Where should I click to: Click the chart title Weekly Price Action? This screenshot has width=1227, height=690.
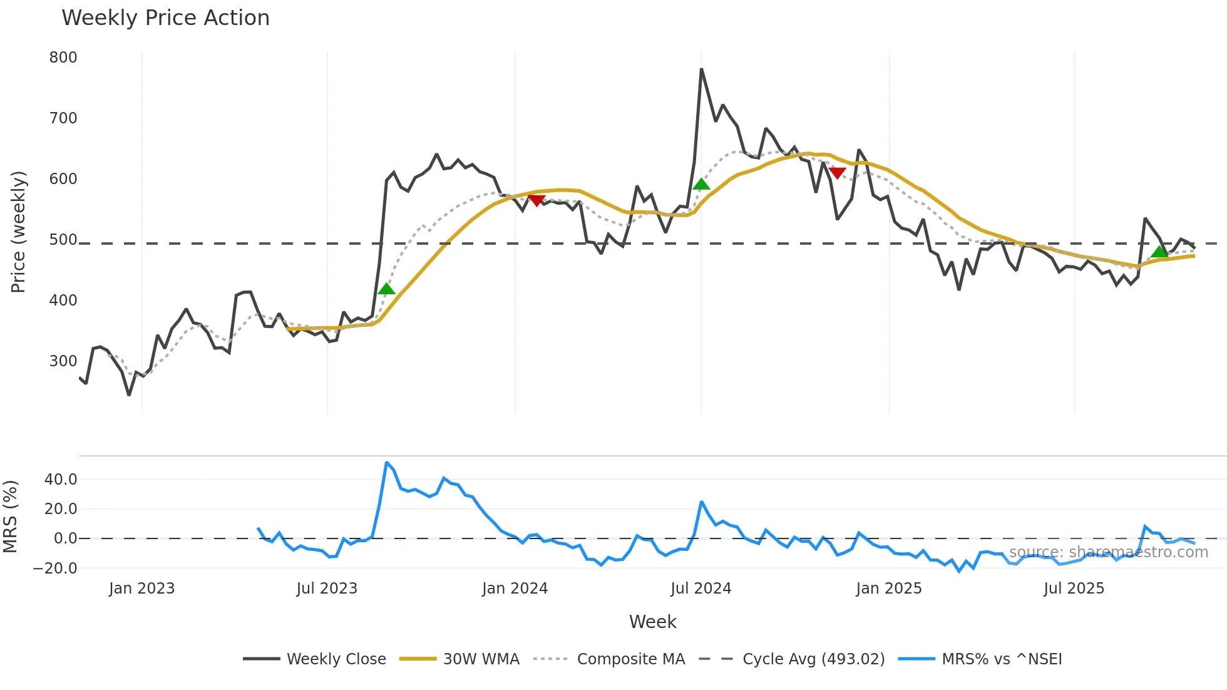pos(165,18)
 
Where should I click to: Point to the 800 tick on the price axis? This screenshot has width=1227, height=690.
pos(63,58)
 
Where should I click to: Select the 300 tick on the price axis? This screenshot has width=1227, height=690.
pos(63,361)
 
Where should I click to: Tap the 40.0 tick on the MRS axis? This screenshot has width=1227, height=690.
pos(61,480)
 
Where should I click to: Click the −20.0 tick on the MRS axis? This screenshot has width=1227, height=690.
pos(55,569)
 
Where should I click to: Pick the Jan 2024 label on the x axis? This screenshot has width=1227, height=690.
pos(515,589)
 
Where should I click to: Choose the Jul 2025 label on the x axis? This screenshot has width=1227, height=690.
pos(1074,589)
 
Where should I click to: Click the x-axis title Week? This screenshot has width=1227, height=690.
pos(652,622)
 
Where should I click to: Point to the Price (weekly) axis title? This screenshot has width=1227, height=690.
pos(18,232)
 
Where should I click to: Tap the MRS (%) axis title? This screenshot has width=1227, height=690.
pos(10,517)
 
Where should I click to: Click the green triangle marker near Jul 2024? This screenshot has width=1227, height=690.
pos(701,184)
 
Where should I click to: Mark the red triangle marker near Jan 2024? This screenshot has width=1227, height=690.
pos(536,200)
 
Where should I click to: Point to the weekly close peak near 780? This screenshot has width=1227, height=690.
pos(701,70)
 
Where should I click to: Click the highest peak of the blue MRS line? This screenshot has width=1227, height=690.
pos(387,463)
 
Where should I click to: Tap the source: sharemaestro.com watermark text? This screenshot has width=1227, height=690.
pos(1108,552)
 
